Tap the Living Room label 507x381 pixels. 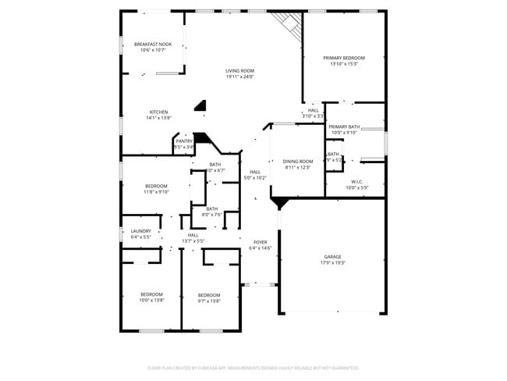pyautogui.click(x=239, y=71)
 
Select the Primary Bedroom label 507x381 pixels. pyautogui.click(x=343, y=59)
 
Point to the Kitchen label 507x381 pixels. pyautogui.click(x=158, y=112)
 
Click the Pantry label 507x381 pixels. pyautogui.click(x=183, y=141)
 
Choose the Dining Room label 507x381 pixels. pyautogui.click(x=298, y=162)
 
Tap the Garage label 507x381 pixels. pyautogui.click(x=333, y=257)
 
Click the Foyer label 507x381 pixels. pyautogui.click(x=259, y=243)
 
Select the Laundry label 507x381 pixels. pyautogui.click(x=140, y=231)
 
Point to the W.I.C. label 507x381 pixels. pyautogui.click(x=356, y=182)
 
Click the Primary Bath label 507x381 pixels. pyautogui.click(x=344, y=126)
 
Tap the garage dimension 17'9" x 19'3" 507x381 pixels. pyautogui.click(x=333, y=263)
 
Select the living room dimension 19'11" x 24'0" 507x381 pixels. pyautogui.click(x=239, y=77)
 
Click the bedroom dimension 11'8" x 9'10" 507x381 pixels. pyautogui.click(x=156, y=191)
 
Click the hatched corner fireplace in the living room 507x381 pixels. pyautogui.click(x=289, y=26)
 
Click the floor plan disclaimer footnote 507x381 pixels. pyautogui.click(x=253, y=367)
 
